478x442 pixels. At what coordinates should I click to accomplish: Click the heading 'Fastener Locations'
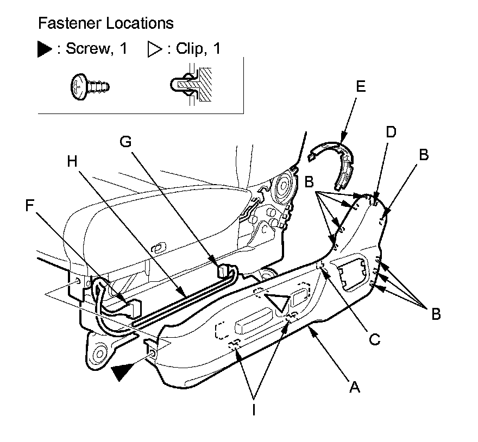pyautogui.click(x=105, y=24)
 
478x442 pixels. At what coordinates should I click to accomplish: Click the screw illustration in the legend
pyautogui.click(x=90, y=86)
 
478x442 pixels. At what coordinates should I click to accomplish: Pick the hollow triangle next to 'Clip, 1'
pyautogui.click(x=154, y=50)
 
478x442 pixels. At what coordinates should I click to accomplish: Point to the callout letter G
pyautogui.click(x=126, y=141)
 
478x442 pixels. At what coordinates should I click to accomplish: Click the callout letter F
pyautogui.click(x=32, y=205)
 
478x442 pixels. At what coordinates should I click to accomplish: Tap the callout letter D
pyautogui.click(x=391, y=132)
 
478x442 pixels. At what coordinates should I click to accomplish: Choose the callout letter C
pyautogui.click(x=373, y=340)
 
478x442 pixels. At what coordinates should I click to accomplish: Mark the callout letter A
pyautogui.click(x=354, y=387)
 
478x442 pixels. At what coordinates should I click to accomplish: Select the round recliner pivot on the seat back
pyautogui.click(x=284, y=188)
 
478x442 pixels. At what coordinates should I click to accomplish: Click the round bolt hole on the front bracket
pyautogui.click(x=99, y=356)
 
